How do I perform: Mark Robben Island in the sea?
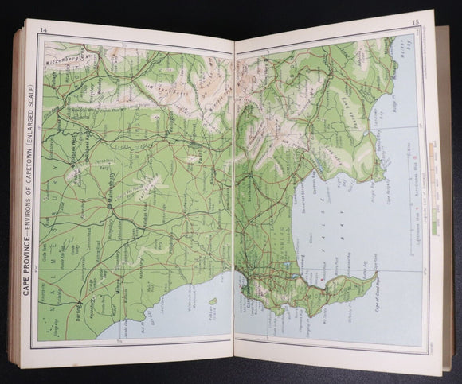(212, 301)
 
